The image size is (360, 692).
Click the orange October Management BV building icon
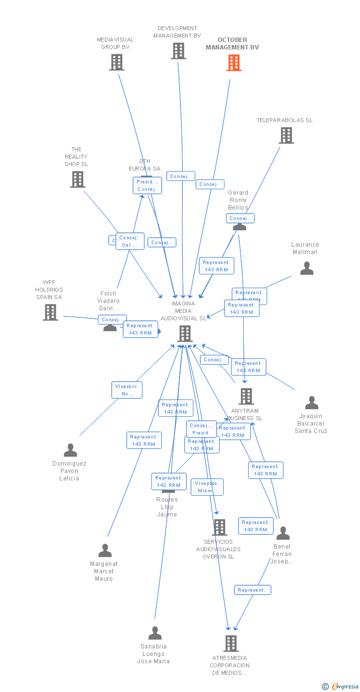pos(234,63)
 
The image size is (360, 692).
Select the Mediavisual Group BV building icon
pos(117,62)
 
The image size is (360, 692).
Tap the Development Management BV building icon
pos(179,51)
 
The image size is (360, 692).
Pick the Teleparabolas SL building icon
pos(286,135)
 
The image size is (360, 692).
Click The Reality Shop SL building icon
pos(78,179)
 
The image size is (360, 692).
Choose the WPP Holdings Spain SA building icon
pos(50,312)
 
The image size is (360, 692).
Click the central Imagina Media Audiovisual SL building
pos(185,334)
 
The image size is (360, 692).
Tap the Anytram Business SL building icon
pos(246,396)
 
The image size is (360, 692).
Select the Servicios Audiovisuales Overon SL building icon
pos(220,527)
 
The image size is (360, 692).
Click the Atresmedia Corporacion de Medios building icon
pos(231,643)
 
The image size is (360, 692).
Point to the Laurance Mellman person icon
pos(307,268)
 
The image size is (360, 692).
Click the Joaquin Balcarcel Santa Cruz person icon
pos(312,403)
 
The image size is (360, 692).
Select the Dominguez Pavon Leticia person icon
pos(71,450)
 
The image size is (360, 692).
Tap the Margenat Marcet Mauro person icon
pos(105,551)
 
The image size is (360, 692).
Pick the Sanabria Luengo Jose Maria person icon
pos(155,633)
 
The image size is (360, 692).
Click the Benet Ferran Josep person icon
pos(283,533)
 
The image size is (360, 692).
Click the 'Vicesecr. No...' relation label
pos(127,390)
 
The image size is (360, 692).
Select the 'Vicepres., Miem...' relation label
pos(207,487)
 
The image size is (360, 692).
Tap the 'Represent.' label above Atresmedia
pos(252,590)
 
